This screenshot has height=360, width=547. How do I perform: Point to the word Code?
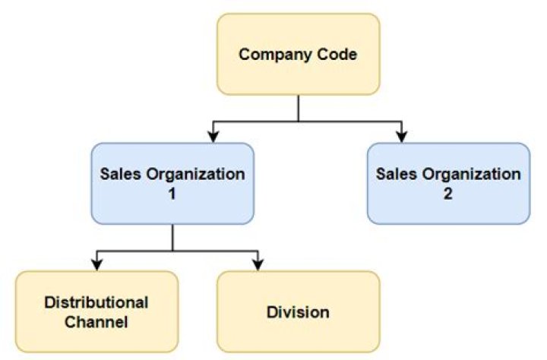(336, 55)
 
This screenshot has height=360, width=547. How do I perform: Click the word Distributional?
(96, 302)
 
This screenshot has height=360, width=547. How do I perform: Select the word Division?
(298, 312)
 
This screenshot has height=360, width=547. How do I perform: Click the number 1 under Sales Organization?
(172, 193)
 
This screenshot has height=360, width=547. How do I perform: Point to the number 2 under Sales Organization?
(448, 193)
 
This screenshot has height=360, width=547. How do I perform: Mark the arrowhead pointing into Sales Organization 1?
(213, 137)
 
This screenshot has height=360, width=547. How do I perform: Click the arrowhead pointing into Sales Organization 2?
(400, 137)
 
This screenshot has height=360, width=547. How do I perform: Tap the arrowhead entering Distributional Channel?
(96, 264)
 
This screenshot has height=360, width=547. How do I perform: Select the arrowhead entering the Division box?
(257, 264)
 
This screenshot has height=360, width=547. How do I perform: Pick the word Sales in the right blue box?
(396, 174)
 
